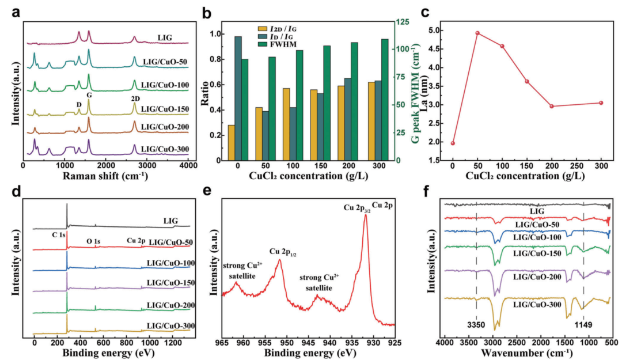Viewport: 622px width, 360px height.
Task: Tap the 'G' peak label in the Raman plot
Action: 89,94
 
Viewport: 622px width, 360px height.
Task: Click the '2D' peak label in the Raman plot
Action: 134,98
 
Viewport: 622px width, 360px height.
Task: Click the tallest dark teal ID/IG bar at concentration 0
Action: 238,98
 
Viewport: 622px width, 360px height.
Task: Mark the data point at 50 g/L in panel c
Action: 477,33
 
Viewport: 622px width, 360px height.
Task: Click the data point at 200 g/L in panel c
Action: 552,106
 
